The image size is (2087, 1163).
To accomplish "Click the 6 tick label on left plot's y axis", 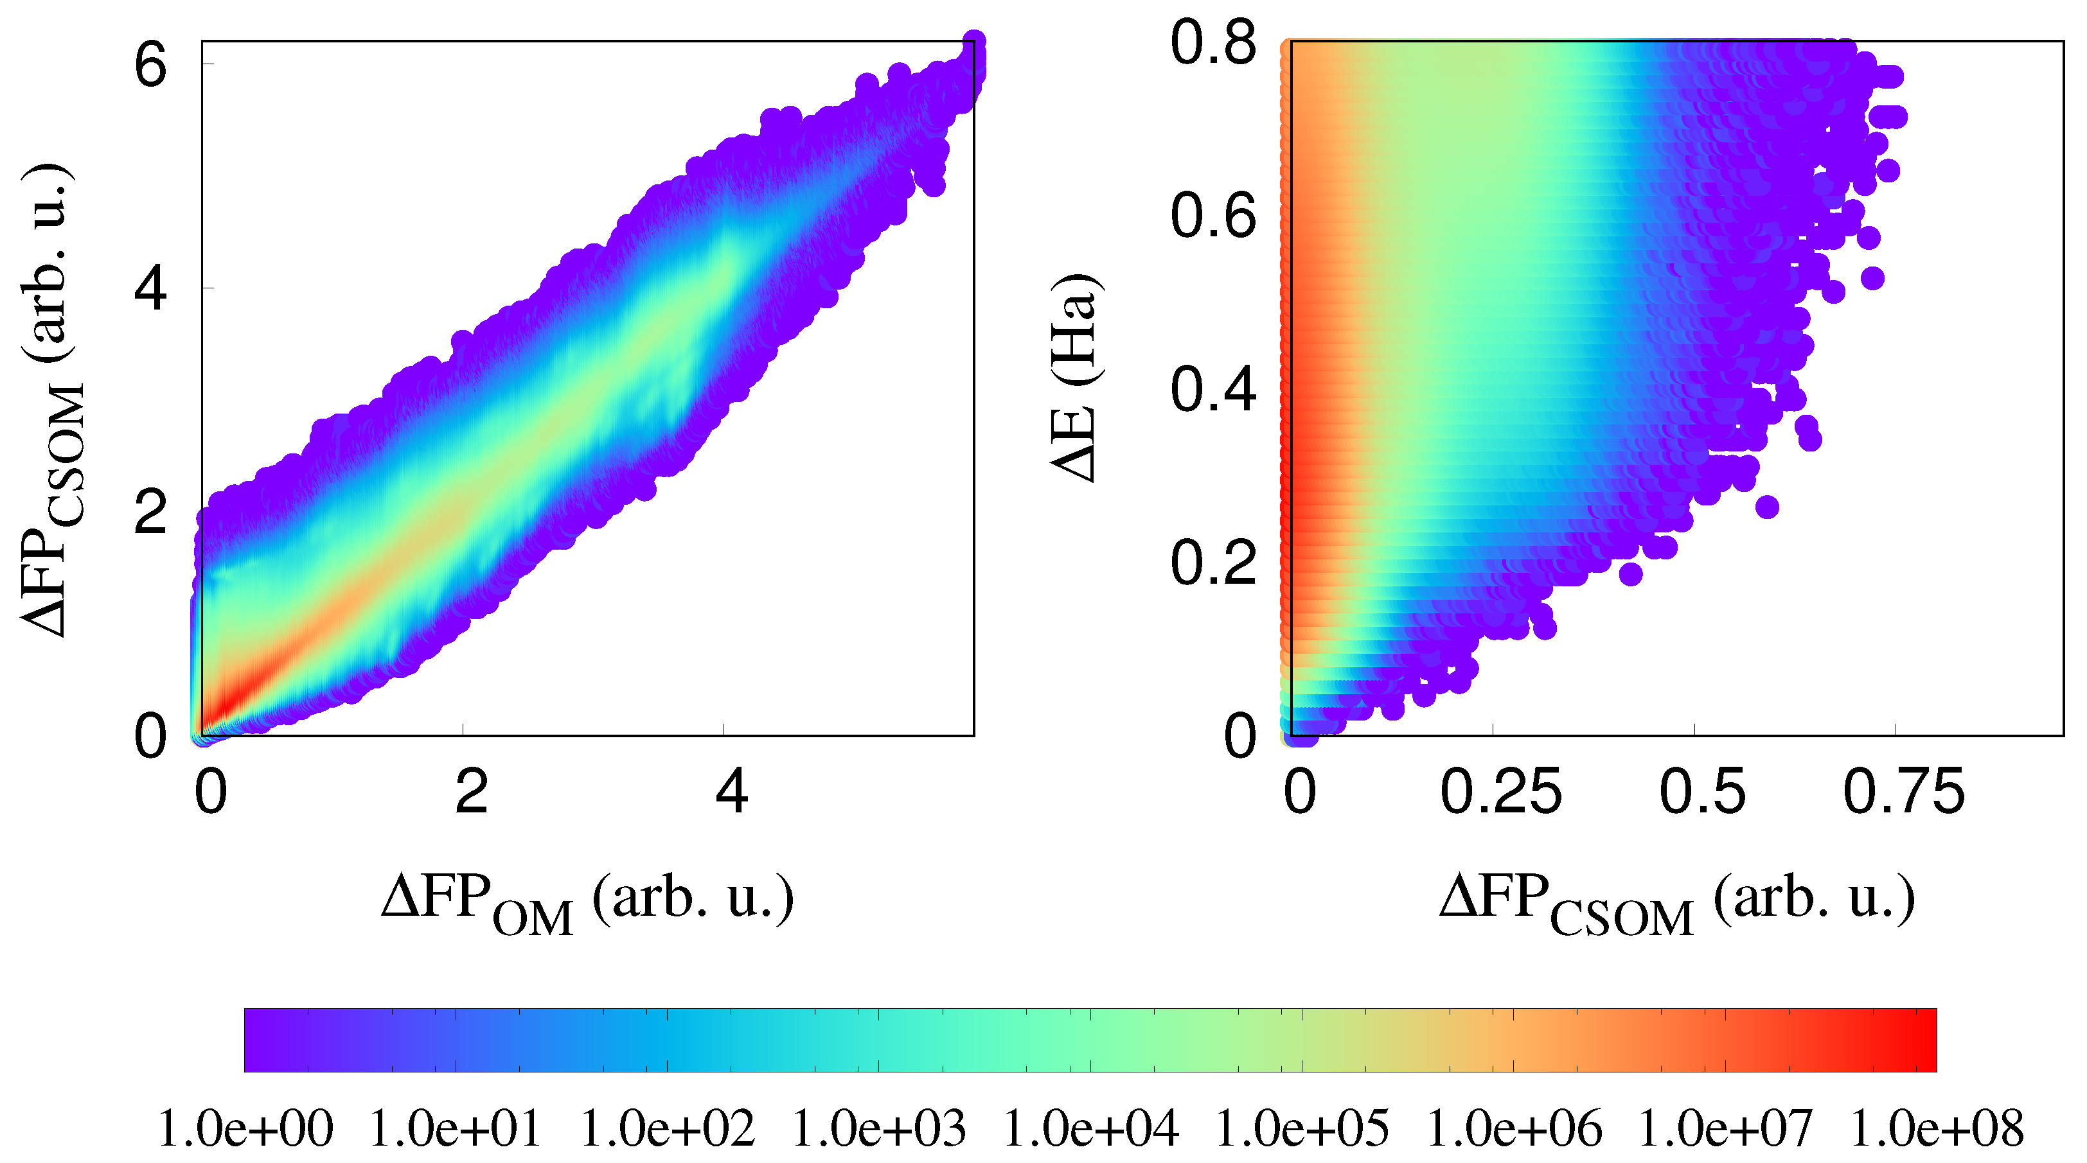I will (151, 65).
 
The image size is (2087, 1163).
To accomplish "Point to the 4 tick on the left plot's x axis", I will (732, 791).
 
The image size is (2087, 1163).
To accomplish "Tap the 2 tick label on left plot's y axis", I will (151, 512).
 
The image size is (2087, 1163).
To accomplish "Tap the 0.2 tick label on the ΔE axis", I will (1213, 562).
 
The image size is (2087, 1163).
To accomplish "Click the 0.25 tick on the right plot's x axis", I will (1500, 791).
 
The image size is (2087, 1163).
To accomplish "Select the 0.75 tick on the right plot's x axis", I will (1904, 791).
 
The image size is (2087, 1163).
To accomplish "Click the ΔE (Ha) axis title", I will (1076, 378).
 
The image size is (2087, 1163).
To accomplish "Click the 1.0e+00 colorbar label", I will (245, 1128).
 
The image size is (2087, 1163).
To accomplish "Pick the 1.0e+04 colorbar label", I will (1090, 1128).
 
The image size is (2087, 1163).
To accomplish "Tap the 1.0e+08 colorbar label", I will (1936, 1128).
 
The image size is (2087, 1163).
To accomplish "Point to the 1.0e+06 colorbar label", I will (1513, 1128).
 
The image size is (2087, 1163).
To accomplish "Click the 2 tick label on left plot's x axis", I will (471, 791).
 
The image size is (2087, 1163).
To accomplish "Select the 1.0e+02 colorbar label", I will (668, 1128).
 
